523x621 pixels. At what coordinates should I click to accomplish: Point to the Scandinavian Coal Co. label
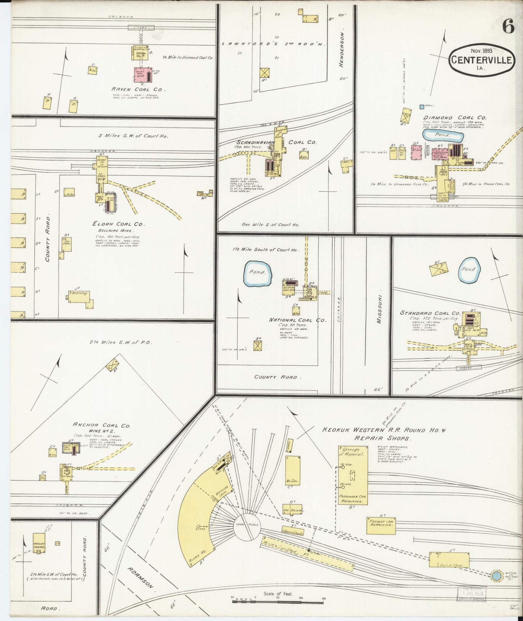(277, 142)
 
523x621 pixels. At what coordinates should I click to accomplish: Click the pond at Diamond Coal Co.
(443, 136)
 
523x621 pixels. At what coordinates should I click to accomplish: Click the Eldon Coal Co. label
(118, 224)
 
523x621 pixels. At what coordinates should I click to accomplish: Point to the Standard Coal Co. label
(430, 313)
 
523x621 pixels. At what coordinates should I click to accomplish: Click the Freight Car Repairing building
(381, 526)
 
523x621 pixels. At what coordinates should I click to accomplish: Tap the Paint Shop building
(449, 560)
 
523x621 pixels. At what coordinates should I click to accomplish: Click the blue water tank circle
(495, 576)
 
